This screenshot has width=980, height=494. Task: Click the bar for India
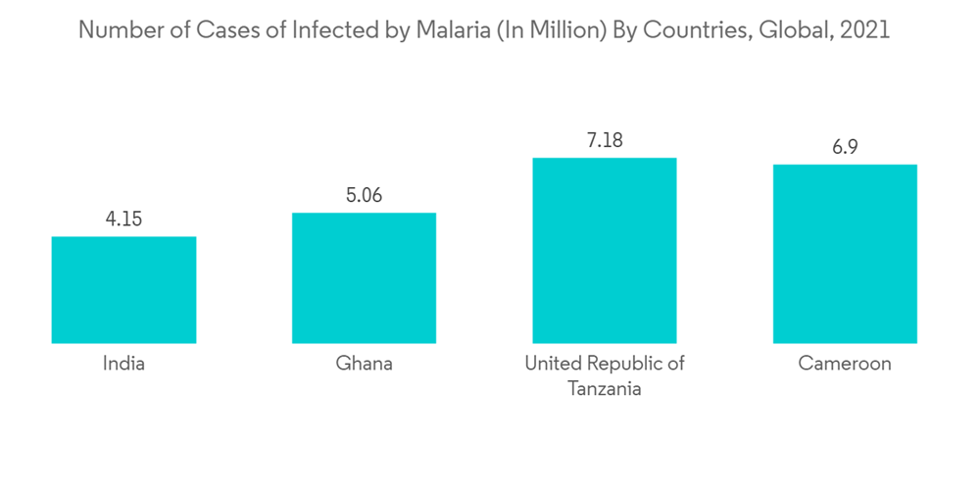123,289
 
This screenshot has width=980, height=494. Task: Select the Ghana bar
364,277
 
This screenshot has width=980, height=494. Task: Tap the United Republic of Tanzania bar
605,250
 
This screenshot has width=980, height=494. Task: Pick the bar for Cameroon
845,253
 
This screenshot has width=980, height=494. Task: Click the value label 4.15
123,219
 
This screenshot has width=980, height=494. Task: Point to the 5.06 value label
364,195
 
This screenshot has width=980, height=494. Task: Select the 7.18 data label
605,140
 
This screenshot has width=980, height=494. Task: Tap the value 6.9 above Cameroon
845,147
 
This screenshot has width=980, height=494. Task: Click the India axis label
123,364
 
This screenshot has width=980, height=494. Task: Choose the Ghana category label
364,364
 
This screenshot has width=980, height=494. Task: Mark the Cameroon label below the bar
845,364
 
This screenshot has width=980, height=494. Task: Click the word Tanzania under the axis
605,388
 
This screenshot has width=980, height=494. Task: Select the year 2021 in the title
865,30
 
